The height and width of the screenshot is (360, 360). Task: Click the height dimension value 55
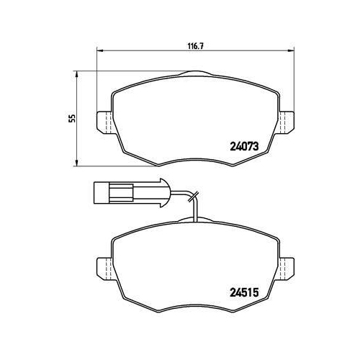(72, 119)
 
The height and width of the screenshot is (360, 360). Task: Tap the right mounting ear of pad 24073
(285, 122)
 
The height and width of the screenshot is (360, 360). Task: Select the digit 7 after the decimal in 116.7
(199, 44)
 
